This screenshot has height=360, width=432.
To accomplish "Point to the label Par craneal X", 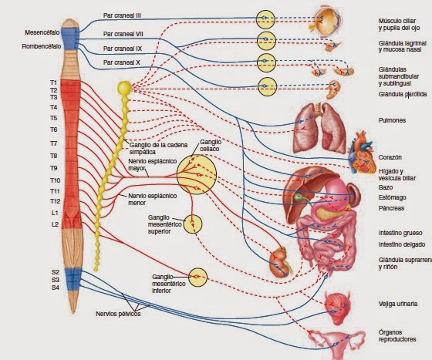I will click(x=121, y=62).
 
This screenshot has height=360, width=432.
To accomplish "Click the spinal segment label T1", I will click(x=54, y=82).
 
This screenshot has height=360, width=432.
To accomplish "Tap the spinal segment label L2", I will click(x=54, y=224).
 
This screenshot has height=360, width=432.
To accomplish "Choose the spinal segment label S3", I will click(x=55, y=280).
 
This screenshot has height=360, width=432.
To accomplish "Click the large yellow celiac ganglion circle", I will click(x=196, y=174).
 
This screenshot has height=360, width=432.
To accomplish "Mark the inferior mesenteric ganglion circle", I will click(x=197, y=276).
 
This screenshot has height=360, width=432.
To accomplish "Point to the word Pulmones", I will click(x=393, y=119).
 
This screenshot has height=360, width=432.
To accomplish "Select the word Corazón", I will click(x=390, y=156).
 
